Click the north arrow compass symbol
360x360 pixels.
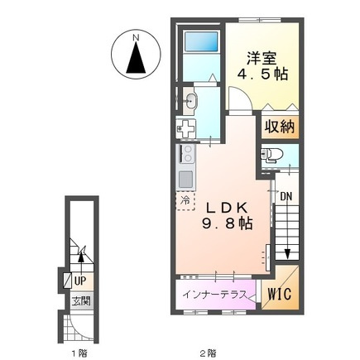[136, 55]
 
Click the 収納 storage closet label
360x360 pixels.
[280, 127]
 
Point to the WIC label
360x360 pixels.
[280, 293]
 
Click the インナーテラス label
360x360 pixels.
[214, 295]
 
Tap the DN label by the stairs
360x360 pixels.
[286, 196]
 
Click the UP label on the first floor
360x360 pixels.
[80, 281]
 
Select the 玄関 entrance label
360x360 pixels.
[81, 301]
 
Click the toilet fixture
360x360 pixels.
[271, 155]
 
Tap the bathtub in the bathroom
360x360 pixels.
[201, 41]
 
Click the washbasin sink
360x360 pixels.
[190, 100]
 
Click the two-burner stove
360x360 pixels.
[188, 154]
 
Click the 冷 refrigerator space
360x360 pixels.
[185, 201]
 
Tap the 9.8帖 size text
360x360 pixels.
[228, 223]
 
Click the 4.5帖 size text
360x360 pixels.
[262, 74]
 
